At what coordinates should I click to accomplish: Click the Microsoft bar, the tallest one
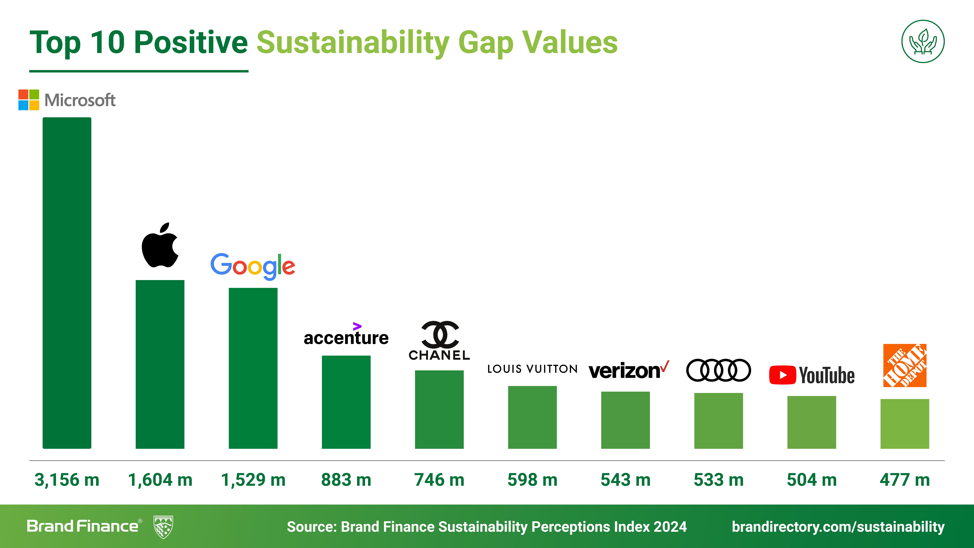[x=67, y=283]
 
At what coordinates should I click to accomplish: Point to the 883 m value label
[x=346, y=480]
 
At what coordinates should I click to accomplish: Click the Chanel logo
[x=439, y=340]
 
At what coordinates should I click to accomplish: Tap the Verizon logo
[x=628, y=371]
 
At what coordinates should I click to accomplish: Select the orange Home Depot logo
[x=904, y=365]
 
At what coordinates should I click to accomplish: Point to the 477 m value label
[x=904, y=480]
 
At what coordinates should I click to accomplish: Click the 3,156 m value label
[x=67, y=480]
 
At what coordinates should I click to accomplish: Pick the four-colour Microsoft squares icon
[x=29, y=100]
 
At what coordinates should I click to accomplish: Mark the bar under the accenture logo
[x=346, y=402]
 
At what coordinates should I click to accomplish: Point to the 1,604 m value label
[x=160, y=480]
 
